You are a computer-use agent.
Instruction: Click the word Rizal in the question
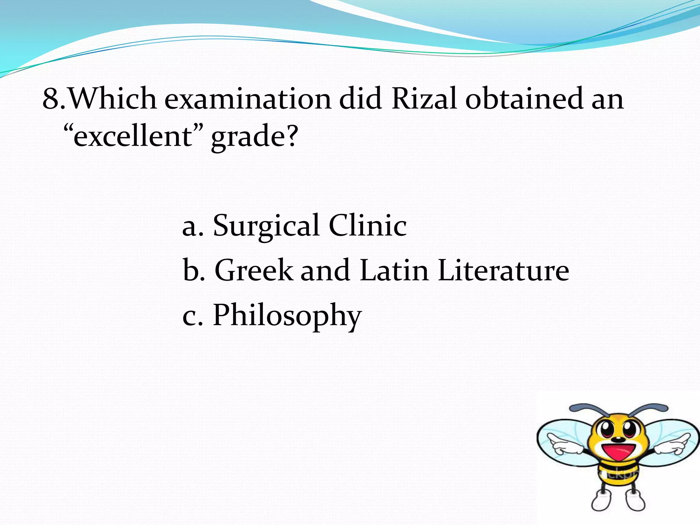pos(424,99)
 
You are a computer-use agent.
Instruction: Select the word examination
pos(247,99)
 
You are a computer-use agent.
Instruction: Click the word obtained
pos(524,99)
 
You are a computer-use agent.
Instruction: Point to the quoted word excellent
pos(133,136)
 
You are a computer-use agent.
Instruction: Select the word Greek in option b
pos(254,270)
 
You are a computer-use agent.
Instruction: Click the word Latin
pos(394,270)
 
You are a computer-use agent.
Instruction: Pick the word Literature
pos(503,270)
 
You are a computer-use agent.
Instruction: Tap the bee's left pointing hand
pos(562,443)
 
